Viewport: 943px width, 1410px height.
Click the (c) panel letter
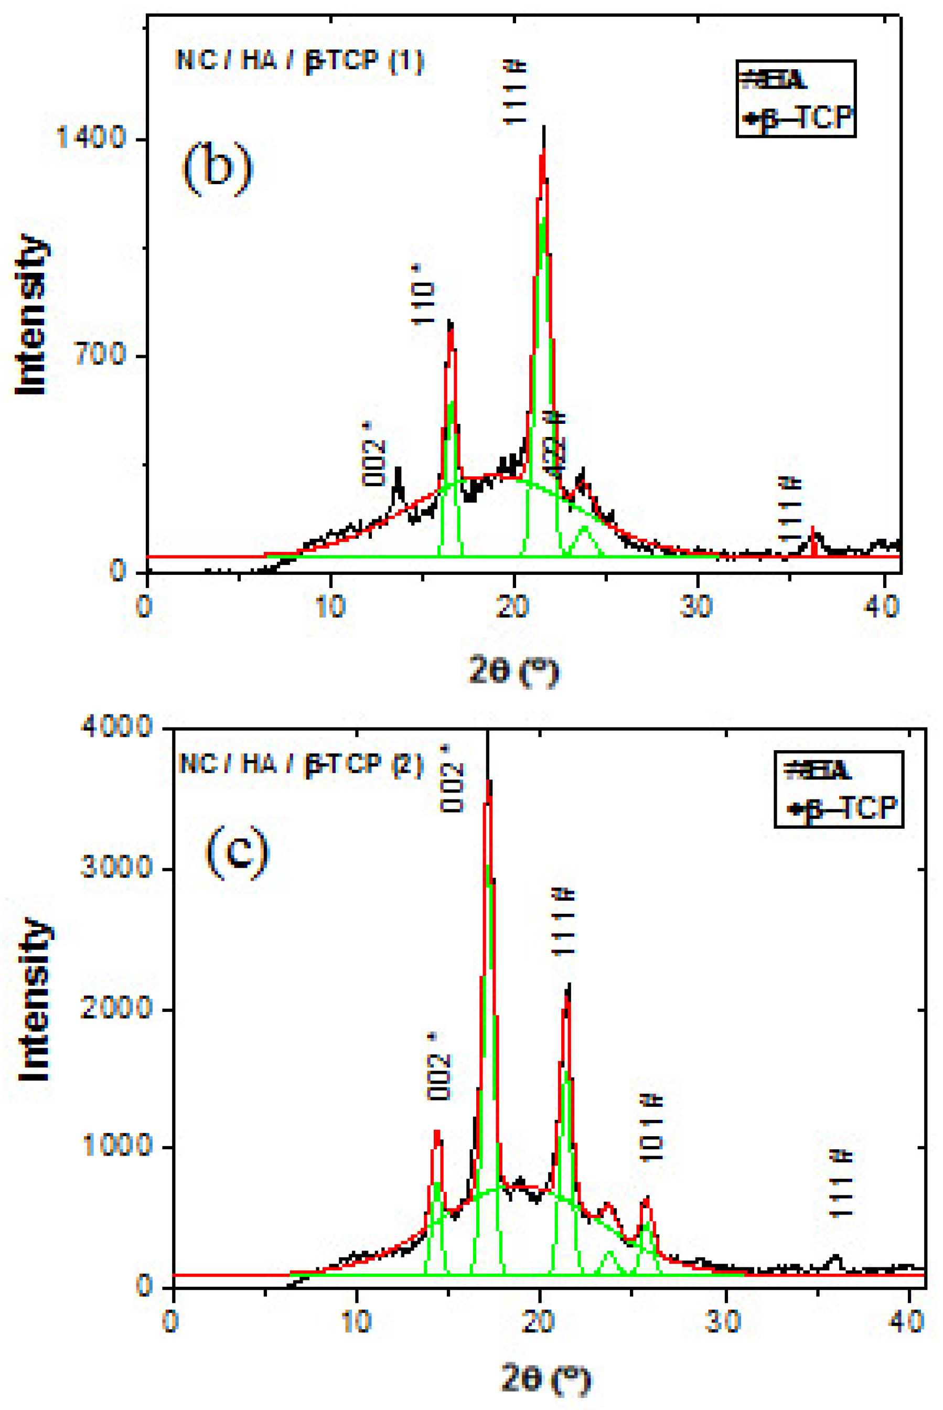coord(238,852)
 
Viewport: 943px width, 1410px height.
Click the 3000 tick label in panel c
coord(116,868)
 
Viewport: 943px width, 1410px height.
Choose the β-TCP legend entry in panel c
coord(844,808)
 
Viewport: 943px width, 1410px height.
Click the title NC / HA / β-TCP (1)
coord(299,61)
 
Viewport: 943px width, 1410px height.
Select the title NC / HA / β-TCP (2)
coord(301,764)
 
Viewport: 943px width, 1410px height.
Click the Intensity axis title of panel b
coord(31,314)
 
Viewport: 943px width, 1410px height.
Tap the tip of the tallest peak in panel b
coord(544,127)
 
